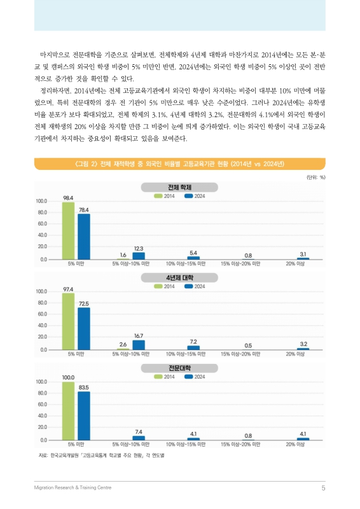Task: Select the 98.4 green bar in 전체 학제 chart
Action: (68, 231)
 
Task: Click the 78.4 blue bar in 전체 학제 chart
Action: (83, 237)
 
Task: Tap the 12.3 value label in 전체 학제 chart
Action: (138, 248)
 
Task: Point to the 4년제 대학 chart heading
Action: (180, 278)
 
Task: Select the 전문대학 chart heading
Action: (180, 368)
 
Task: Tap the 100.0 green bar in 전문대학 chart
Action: (68, 411)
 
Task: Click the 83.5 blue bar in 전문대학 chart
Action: (83, 415)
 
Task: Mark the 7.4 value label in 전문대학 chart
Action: (138, 431)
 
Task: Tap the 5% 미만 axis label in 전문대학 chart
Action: (76, 444)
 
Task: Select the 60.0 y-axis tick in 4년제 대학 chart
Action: (43, 314)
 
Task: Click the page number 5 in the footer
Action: (323, 488)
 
